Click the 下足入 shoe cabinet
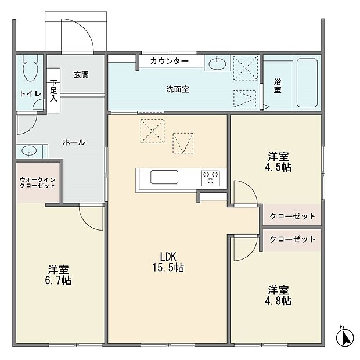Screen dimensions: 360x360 click(53, 91)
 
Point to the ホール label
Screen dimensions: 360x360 click(74, 142)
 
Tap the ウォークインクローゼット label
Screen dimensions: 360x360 click(37, 183)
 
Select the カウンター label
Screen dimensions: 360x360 click(169, 61)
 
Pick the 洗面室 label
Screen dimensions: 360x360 click(177, 89)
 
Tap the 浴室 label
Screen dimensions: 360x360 click(277, 85)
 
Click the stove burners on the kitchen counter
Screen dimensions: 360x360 click(210, 177)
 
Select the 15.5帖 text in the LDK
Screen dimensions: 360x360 click(168, 268)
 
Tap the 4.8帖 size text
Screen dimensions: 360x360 click(279, 301)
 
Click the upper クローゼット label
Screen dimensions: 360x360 click(293, 217)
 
